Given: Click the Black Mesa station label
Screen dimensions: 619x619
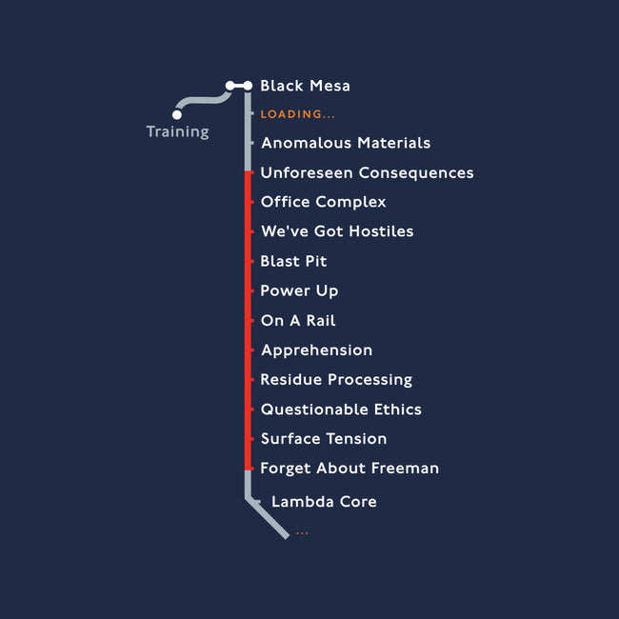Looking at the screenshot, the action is pyautogui.click(x=305, y=86).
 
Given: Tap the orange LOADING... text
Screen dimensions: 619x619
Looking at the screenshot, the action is pyautogui.click(x=298, y=114).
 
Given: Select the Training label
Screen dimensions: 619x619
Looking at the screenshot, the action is pyautogui.click(x=178, y=131).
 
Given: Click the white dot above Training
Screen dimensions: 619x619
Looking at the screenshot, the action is pyautogui.click(x=177, y=114).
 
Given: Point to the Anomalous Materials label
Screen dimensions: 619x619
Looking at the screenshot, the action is pyautogui.click(x=346, y=143).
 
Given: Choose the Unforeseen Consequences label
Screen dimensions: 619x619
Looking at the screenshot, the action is pyautogui.click(x=368, y=173).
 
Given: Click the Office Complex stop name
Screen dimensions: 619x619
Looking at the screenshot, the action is pyautogui.click(x=324, y=202).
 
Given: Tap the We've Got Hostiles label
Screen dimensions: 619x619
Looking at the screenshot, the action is pyautogui.click(x=337, y=231).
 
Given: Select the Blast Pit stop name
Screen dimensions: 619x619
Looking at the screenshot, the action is pyautogui.click(x=293, y=261).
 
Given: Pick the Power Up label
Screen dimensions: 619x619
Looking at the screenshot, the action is pyautogui.click(x=299, y=291).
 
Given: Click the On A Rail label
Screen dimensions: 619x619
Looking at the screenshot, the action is pyautogui.click(x=298, y=321).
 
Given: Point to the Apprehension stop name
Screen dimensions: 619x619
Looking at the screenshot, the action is pyautogui.click(x=316, y=350).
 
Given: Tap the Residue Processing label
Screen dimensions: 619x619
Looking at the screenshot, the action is pyautogui.click(x=336, y=380).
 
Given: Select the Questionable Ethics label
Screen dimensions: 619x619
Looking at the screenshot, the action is pyautogui.click(x=341, y=409).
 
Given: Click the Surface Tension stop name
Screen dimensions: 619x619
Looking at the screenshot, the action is pyautogui.click(x=324, y=439).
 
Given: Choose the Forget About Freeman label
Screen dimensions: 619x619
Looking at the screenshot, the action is pyautogui.click(x=349, y=469).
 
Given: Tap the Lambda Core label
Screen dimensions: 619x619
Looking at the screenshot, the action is pyautogui.click(x=324, y=502).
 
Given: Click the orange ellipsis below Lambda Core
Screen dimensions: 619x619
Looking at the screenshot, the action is pyautogui.click(x=302, y=533).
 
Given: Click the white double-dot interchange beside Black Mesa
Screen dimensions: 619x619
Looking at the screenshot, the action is pyautogui.click(x=239, y=86).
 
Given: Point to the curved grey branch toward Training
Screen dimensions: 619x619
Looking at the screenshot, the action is pyautogui.click(x=202, y=100).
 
